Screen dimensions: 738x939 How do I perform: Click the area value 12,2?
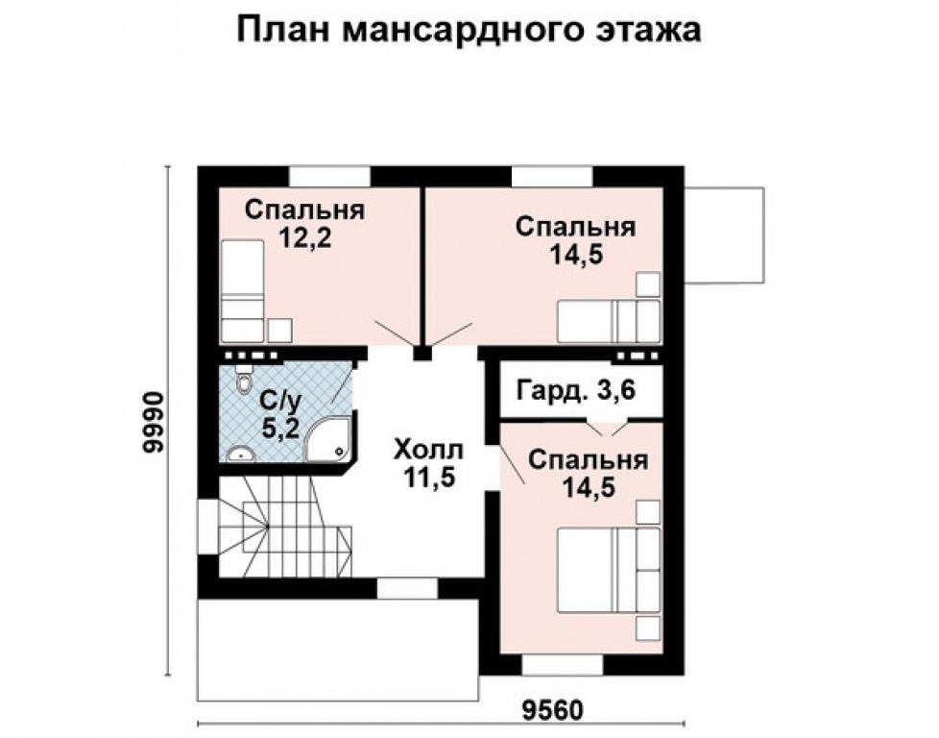304,238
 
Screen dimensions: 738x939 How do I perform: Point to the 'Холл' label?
428,450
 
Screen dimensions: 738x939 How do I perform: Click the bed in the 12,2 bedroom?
242,289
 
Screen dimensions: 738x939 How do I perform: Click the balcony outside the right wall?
725,235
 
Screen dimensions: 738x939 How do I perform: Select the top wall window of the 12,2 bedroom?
329,177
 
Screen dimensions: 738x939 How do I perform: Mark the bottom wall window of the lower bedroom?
562,664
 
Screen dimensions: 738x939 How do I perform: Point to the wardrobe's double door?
605,424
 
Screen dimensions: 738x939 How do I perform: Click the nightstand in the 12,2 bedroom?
279,331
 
